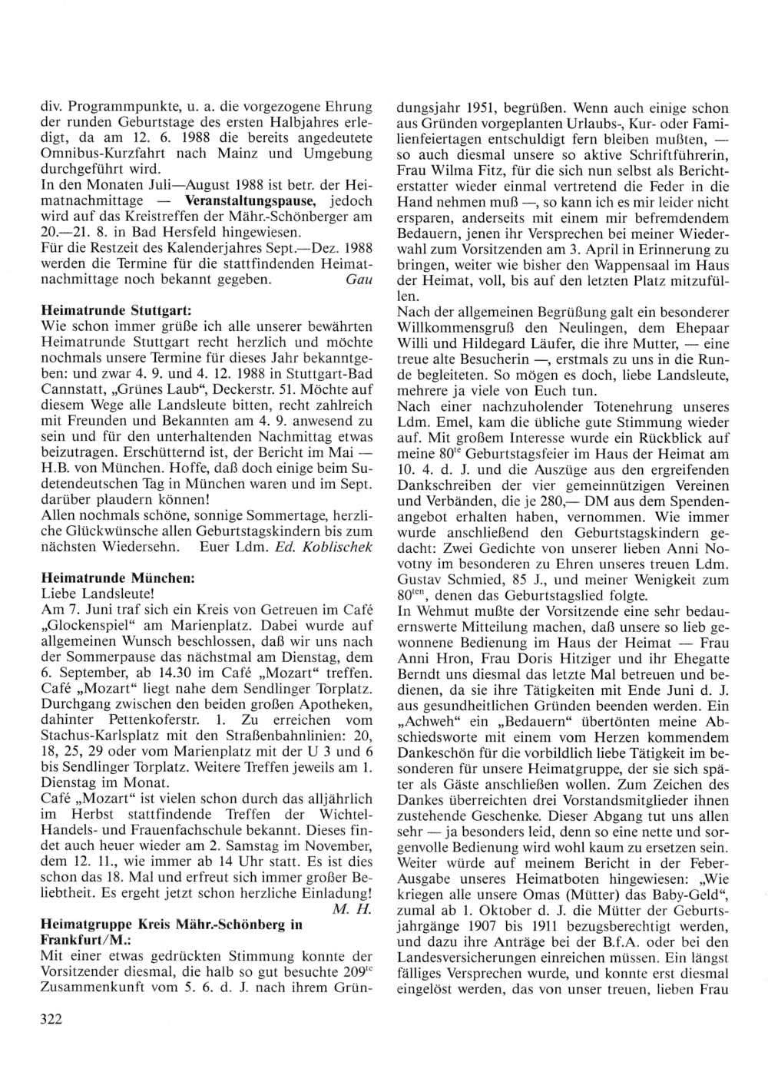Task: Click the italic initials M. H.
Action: [355, 910]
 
